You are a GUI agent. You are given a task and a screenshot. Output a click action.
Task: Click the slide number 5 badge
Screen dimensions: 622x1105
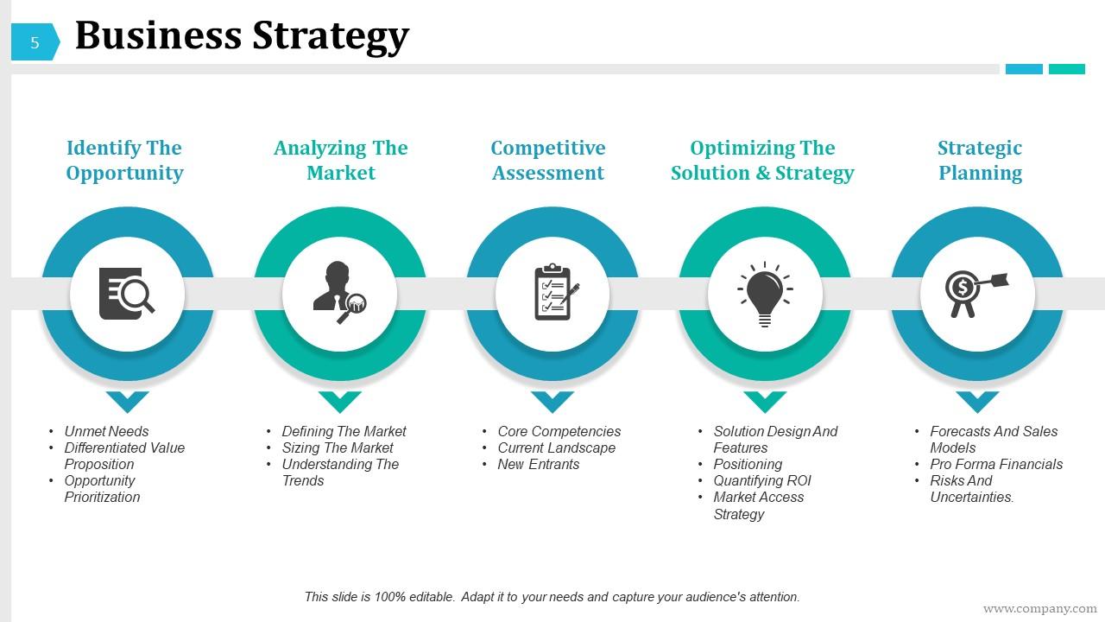[35, 42]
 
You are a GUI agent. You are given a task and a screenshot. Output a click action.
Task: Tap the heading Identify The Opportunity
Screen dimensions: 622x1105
[124, 161]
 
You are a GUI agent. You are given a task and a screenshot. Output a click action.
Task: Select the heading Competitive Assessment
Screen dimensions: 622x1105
[548, 161]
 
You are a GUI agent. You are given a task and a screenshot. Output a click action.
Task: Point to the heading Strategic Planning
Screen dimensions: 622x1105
[980, 161]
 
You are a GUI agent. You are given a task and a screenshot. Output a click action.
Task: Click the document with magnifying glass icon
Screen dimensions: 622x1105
[127, 294]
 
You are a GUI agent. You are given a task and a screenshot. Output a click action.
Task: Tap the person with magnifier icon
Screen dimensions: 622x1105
[339, 294]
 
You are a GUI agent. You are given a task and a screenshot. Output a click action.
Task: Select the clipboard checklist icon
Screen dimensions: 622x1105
[552, 294]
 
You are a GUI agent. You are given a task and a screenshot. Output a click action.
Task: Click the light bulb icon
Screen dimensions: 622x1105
[765, 294]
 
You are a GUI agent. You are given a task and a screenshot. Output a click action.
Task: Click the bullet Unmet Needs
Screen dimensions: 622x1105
[106, 431]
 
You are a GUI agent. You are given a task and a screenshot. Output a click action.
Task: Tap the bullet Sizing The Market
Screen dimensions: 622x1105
[337, 447]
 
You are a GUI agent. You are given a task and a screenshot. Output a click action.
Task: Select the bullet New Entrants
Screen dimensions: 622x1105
[538, 464]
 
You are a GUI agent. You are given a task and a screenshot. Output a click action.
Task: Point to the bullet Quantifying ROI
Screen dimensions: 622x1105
[761, 480]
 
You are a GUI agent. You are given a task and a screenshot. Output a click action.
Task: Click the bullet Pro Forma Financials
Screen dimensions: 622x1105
[995, 464]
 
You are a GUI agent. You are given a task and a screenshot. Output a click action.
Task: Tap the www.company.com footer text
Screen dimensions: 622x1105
[1039, 609]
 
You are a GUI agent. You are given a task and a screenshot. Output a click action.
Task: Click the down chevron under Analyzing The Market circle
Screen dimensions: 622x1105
[340, 401]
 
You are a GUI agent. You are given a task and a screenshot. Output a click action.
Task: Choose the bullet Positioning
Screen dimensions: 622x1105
[748, 464]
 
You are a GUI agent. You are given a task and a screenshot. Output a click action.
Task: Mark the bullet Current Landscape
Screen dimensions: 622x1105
[556, 447]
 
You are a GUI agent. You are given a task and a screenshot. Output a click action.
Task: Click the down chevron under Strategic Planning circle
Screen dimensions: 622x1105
[977, 401]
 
